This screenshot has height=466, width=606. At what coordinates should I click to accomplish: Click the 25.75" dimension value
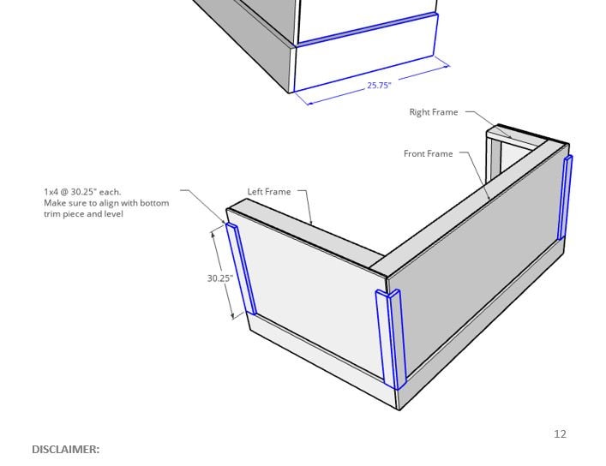click(379, 85)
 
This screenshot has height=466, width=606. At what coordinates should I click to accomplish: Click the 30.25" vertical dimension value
click(219, 278)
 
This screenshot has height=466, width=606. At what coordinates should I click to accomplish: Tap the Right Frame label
click(433, 112)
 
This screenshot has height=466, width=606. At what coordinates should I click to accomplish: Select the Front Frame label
click(428, 154)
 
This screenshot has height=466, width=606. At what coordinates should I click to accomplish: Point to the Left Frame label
click(269, 192)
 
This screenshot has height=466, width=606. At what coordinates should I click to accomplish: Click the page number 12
click(560, 434)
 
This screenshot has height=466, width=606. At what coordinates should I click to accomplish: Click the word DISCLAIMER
click(66, 449)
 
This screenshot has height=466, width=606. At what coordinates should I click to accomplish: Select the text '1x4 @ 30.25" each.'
click(82, 192)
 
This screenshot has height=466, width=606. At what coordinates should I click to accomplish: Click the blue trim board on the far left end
click(241, 269)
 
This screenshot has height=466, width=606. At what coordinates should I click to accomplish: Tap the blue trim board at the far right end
click(565, 198)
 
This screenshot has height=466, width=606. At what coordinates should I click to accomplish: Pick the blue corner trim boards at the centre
click(390, 338)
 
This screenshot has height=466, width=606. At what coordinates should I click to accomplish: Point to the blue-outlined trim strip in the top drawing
click(366, 29)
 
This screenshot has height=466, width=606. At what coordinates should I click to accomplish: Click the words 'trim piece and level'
click(84, 214)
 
